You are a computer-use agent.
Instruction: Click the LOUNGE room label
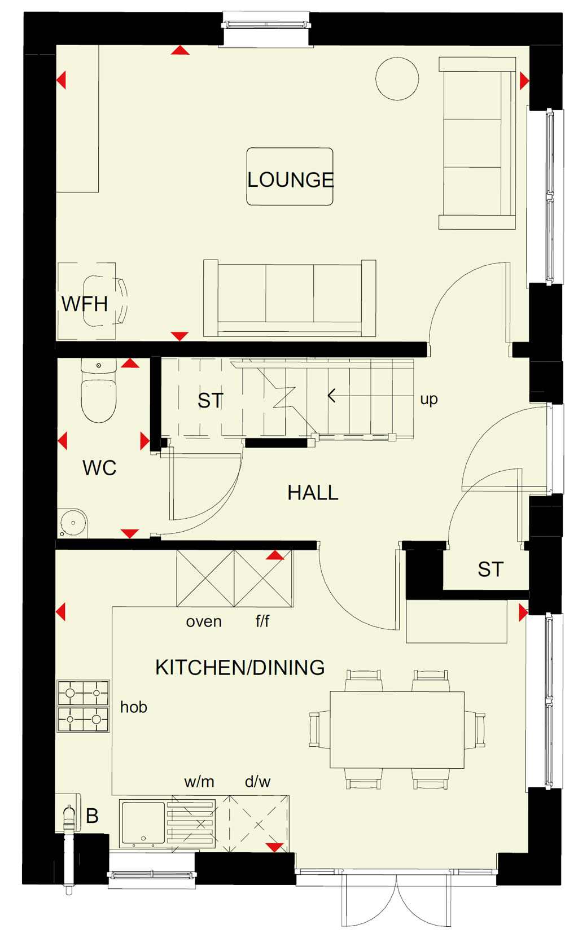[x=290, y=180]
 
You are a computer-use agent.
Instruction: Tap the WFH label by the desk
[x=85, y=304]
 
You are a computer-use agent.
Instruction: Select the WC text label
[x=99, y=468]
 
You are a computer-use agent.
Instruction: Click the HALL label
[x=313, y=492]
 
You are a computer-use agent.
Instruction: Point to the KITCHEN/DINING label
[x=240, y=667]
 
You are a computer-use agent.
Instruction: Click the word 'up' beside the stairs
[x=428, y=399]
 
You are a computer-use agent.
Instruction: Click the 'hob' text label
[x=134, y=707]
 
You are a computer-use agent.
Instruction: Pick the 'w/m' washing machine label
[x=199, y=782]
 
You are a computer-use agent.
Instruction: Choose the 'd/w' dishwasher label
[x=257, y=782]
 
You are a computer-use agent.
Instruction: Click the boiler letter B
[x=92, y=816]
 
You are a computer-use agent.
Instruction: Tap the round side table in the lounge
[x=397, y=78]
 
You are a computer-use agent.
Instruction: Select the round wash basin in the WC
[x=73, y=523]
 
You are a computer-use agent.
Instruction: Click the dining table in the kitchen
[x=397, y=730]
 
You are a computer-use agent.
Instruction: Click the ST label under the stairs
[x=211, y=400]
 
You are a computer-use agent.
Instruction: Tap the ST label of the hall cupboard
[x=491, y=569]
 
